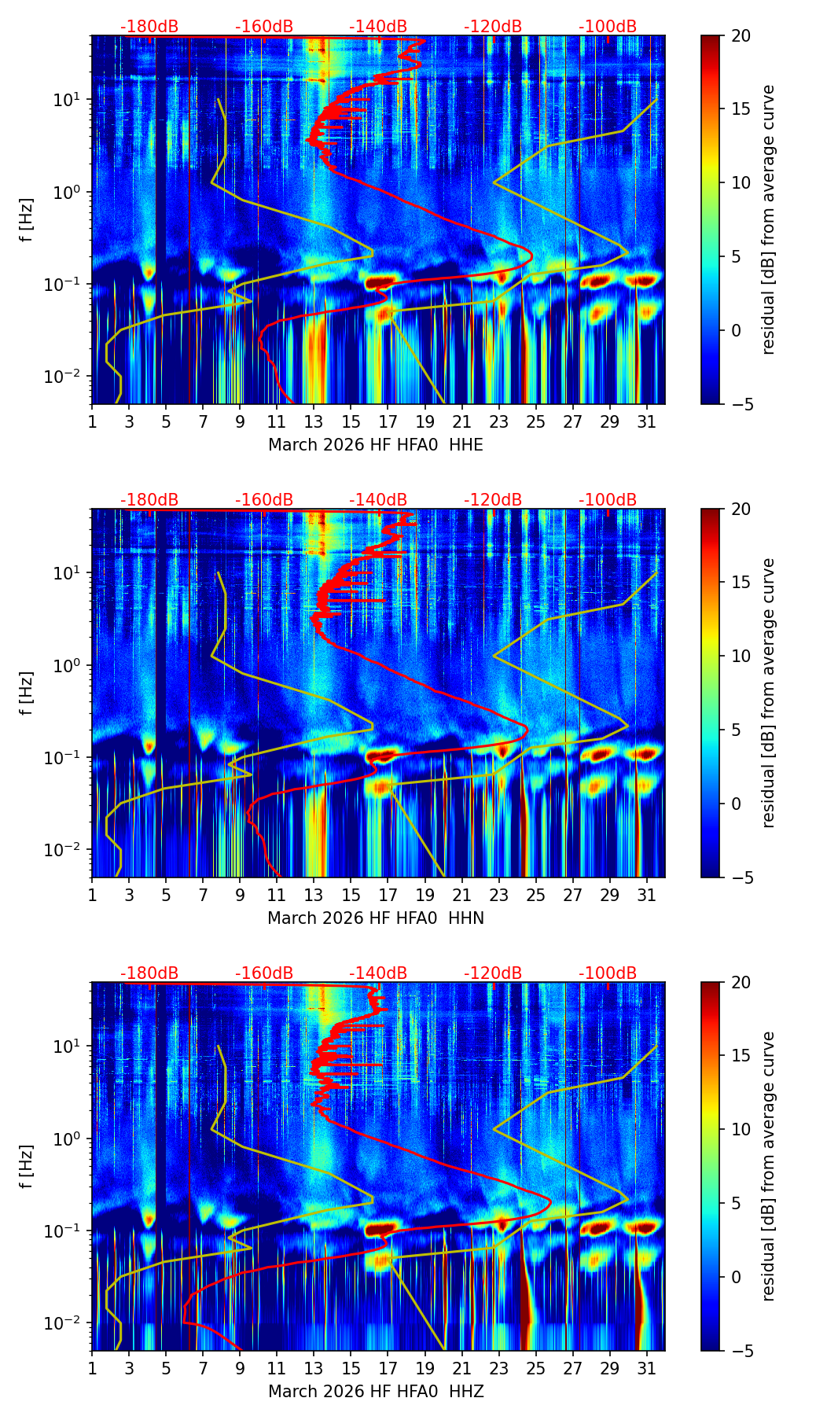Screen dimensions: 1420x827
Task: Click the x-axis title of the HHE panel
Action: [376, 445]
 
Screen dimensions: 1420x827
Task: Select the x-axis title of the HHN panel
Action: [376, 918]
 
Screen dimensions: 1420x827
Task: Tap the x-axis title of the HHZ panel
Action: [376, 1392]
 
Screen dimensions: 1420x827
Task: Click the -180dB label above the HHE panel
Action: [149, 27]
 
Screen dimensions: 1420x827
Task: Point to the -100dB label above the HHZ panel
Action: [608, 973]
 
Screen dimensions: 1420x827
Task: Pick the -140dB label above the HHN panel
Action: [378, 500]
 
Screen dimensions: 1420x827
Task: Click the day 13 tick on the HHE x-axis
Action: [314, 421]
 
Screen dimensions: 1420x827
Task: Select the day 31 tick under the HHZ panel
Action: [646, 1368]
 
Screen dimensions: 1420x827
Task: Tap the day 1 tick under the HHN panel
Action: [92, 895]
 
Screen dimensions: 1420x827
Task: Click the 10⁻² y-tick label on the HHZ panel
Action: [69, 1323]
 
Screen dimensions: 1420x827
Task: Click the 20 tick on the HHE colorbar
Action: [741, 35]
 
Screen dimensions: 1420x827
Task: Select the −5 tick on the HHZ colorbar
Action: [741, 1351]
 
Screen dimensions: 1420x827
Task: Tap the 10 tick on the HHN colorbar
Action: [741, 656]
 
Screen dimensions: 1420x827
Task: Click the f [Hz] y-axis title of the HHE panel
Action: [27, 219]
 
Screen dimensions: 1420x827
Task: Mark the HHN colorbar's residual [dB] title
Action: [768, 693]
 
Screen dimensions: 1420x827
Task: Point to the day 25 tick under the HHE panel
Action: [535, 421]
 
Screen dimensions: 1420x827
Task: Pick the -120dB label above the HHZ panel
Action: [493, 973]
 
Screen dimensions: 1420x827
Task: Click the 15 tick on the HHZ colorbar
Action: [741, 1056]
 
